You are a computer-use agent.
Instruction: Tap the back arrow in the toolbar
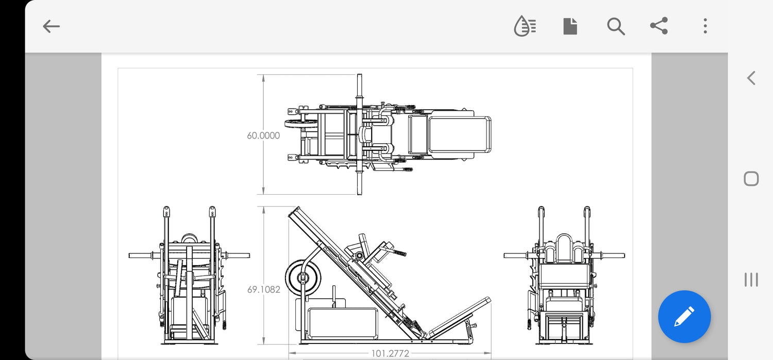(51, 27)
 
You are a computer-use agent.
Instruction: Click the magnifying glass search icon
(616, 27)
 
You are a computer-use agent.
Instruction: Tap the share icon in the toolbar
(659, 26)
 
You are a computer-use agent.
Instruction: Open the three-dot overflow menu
(705, 26)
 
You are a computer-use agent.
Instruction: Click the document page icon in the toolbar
(570, 26)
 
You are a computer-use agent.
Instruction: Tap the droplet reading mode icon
(525, 26)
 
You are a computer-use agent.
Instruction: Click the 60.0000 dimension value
(263, 135)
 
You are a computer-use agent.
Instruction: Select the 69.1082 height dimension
(264, 289)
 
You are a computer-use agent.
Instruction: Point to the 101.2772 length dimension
(390, 353)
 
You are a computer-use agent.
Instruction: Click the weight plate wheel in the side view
(303, 277)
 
